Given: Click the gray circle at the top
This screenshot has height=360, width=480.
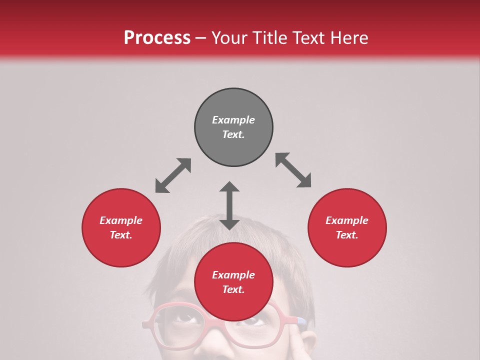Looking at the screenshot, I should click(233, 127).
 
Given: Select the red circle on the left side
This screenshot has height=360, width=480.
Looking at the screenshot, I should click(121, 227).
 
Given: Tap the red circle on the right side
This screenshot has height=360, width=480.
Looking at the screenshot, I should click(347, 227).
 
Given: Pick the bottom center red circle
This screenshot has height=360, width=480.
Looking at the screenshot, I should click(233, 282).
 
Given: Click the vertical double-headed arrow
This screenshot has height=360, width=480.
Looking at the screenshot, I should click(229, 205).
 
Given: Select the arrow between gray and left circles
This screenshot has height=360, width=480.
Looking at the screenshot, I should click(173, 175).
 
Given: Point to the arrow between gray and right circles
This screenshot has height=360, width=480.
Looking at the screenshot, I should click(293, 170).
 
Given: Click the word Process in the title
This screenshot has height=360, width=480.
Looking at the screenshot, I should click(157, 38).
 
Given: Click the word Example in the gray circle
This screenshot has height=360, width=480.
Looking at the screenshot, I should click(233, 120).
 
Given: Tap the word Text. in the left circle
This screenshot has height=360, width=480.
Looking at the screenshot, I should click(121, 235).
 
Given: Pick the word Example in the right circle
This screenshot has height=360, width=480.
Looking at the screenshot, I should click(347, 220).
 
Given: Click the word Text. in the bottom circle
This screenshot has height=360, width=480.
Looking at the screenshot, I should click(233, 289).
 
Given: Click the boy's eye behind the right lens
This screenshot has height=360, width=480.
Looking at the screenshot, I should click(255, 320).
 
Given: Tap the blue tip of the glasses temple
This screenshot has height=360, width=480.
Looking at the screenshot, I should click(301, 320).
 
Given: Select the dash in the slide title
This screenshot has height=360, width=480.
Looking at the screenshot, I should click(201, 38).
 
